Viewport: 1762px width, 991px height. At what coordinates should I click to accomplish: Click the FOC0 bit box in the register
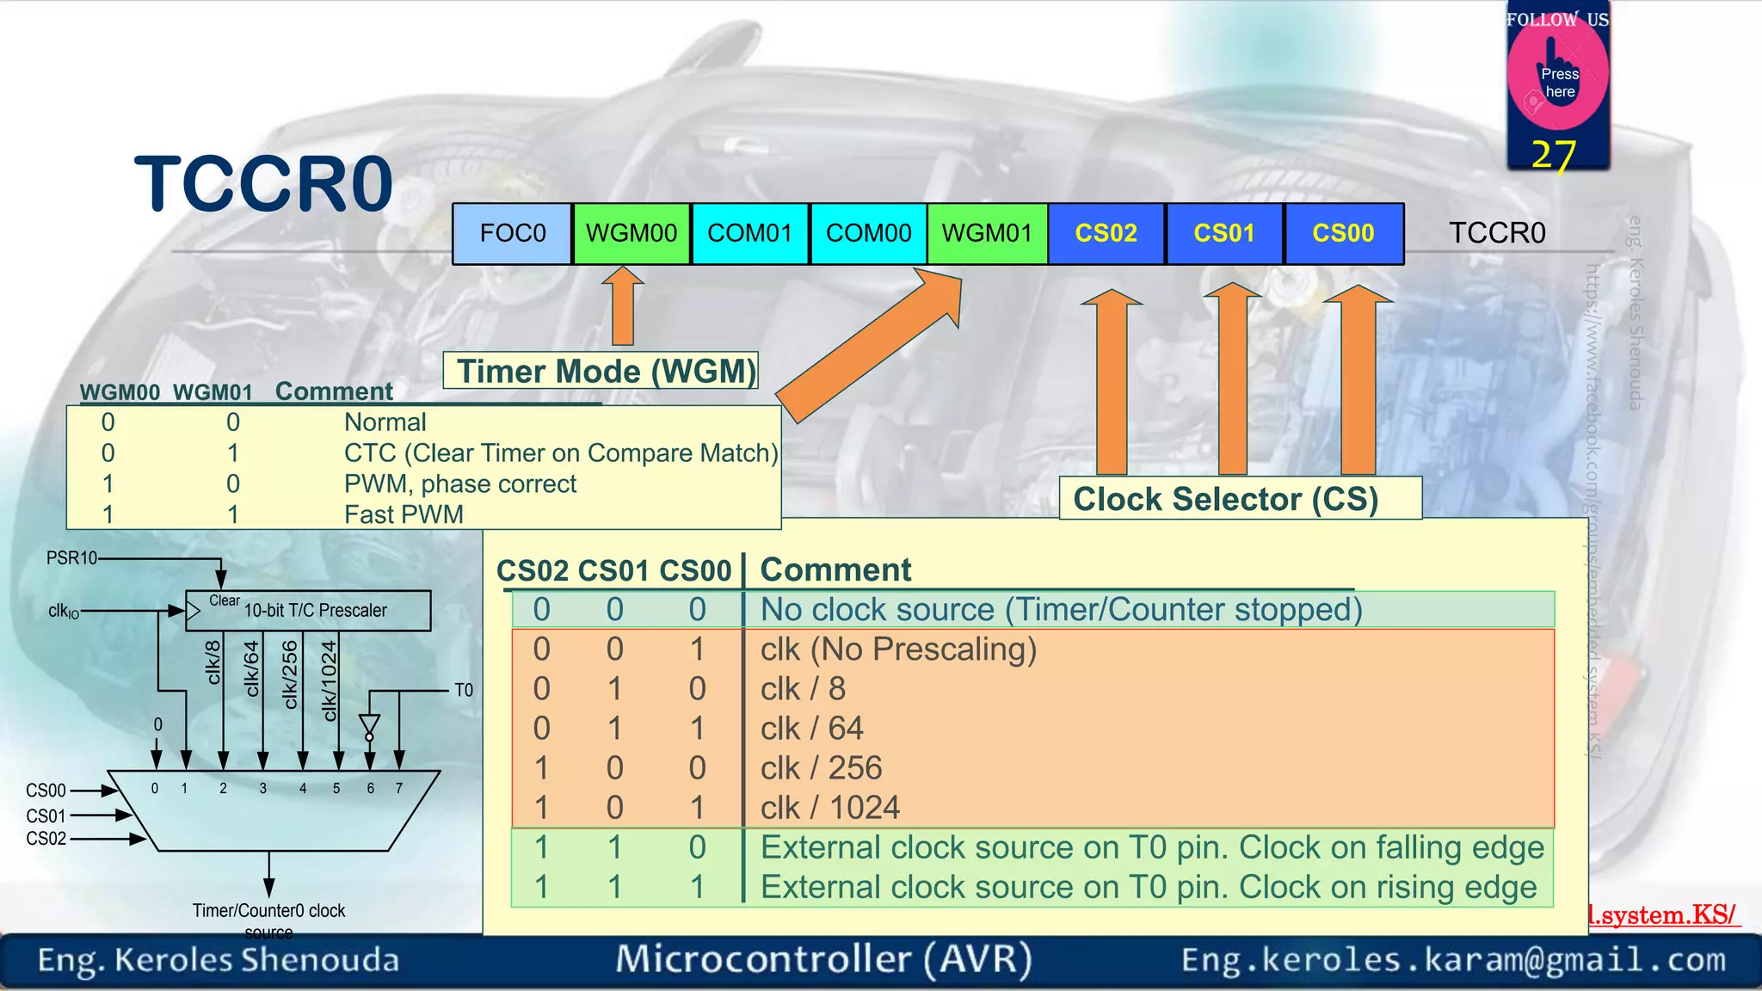tap(513, 233)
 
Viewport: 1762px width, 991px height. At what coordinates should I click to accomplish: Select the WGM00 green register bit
tap(631, 233)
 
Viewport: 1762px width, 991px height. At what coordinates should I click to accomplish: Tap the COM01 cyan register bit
tap(749, 233)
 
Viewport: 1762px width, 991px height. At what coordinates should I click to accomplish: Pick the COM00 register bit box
tap(868, 233)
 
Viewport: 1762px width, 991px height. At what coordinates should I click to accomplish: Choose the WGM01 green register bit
tap(987, 233)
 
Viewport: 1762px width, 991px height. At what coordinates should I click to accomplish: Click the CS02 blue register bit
tap(1106, 233)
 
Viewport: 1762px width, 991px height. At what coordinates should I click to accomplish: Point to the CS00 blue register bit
tap(1343, 233)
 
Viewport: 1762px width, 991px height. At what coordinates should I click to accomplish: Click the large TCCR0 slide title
tap(264, 183)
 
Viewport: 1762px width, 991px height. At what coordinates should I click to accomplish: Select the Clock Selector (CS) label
tap(1226, 499)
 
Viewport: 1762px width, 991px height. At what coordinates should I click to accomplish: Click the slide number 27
tap(1554, 155)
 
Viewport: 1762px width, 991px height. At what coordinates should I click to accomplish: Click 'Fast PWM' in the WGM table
tap(404, 514)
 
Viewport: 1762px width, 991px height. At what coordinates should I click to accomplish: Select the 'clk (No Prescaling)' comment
tap(898, 649)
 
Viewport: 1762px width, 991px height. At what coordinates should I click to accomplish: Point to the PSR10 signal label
tap(71, 558)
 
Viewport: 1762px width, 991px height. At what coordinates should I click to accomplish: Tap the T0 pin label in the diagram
tap(464, 690)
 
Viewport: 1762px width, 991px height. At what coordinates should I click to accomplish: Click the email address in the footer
tap(1453, 959)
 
